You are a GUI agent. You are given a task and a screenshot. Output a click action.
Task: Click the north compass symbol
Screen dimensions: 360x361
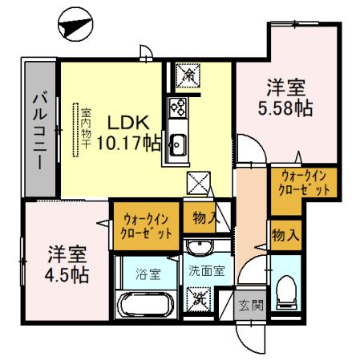pyautogui.click(x=75, y=24)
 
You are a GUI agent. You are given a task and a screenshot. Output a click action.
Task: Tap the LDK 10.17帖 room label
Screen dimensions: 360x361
pyautogui.click(x=128, y=133)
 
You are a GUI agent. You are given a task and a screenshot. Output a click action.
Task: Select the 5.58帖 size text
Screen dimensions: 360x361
pyautogui.click(x=285, y=108)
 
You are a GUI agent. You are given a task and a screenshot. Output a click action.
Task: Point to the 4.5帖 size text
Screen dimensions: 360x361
pyautogui.click(x=67, y=275)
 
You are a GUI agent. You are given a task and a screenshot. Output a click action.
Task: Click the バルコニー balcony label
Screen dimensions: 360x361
pyautogui.click(x=40, y=130)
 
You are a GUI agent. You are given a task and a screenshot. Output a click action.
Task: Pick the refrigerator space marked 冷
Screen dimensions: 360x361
pyautogui.click(x=188, y=75)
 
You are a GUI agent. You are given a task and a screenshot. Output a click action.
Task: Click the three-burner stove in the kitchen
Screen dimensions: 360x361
pyautogui.click(x=178, y=107)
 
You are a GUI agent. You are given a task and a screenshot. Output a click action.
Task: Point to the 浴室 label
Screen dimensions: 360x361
pyautogui.click(x=148, y=274)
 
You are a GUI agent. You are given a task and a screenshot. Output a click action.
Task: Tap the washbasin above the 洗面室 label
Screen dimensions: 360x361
pyautogui.click(x=200, y=246)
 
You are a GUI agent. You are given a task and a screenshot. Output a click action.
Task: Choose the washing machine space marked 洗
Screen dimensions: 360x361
pyautogui.click(x=199, y=299)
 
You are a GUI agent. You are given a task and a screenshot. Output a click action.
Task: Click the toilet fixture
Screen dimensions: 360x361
pyautogui.click(x=286, y=292)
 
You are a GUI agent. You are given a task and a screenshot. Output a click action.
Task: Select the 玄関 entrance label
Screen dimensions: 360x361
pyautogui.click(x=251, y=305)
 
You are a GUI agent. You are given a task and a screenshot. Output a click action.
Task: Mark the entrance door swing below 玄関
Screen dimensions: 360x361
pyautogui.click(x=251, y=338)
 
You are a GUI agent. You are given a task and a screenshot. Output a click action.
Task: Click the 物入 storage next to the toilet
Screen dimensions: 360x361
pyautogui.click(x=285, y=236)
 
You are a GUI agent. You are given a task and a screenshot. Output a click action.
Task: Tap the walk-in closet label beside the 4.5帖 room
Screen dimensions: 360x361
pyautogui.click(x=146, y=227)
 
